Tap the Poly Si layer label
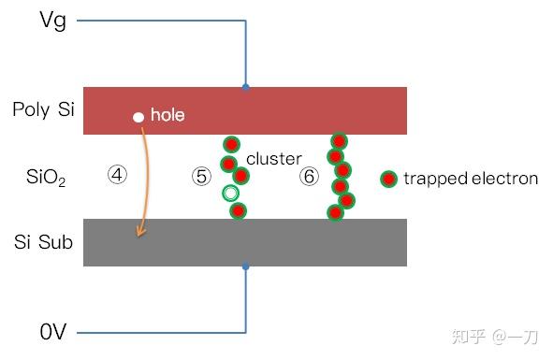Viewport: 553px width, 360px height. (x=43, y=110)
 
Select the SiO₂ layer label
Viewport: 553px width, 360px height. (x=45, y=177)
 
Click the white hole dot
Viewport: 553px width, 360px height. (x=138, y=117)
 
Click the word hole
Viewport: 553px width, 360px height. (x=167, y=116)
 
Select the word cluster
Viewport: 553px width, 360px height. (x=274, y=159)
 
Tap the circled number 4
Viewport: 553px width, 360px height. (x=117, y=175)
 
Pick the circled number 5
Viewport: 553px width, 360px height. (x=201, y=177)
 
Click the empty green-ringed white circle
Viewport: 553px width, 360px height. (x=231, y=194)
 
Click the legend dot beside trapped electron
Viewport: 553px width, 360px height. (x=389, y=178)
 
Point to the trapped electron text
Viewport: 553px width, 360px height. (x=471, y=178)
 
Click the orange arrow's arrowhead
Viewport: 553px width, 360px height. (x=140, y=232)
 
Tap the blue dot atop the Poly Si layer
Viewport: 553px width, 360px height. (x=246, y=87)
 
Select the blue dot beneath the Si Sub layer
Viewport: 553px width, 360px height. (x=246, y=266)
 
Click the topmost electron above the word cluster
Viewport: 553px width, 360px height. (x=231, y=144)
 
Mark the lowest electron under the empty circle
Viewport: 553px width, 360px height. (x=238, y=210)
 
